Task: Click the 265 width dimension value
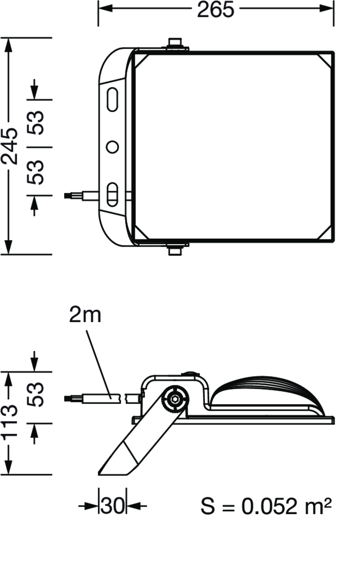click(x=216, y=9)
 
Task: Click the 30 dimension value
click(x=112, y=506)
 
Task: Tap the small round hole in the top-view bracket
click(x=112, y=147)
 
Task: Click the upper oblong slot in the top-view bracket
click(x=113, y=99)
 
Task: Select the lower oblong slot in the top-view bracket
click(x=113, y=194)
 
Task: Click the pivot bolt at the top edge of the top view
click(x=176, y=44)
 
